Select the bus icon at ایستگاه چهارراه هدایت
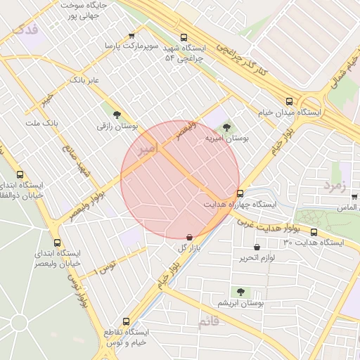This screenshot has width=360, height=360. click(240, 193)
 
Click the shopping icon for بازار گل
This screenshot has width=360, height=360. click(189, 238)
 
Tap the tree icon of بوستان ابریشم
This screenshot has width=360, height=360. click(241, 291)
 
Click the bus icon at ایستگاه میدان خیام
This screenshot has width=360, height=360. click(290, 101)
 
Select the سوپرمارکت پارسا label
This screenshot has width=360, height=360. click(131, 46)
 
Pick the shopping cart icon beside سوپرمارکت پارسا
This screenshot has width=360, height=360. click(131, 36)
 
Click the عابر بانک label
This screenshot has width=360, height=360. click(84, 81)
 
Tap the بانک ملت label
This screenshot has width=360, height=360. click(41, 123)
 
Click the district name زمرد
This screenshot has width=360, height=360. click(336, 185)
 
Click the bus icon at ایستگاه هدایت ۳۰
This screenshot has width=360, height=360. click(314, 232)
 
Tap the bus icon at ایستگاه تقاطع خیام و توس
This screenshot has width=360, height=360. click(126, 321)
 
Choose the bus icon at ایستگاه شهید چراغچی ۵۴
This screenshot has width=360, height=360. click(184, 37)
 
